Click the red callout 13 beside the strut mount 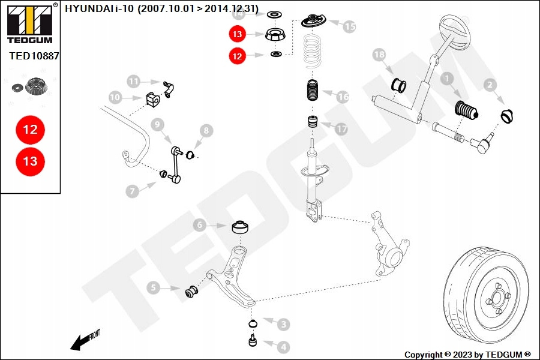(237, 35)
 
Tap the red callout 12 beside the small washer (237, 56)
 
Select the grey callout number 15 (349, 26)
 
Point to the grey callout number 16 (342, 96)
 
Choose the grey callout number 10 (115, 97)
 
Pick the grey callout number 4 (283, 346)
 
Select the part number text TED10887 (34, 56)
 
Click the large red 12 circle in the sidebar (30, 129)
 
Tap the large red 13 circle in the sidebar (30, 161)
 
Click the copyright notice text (467, 355)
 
